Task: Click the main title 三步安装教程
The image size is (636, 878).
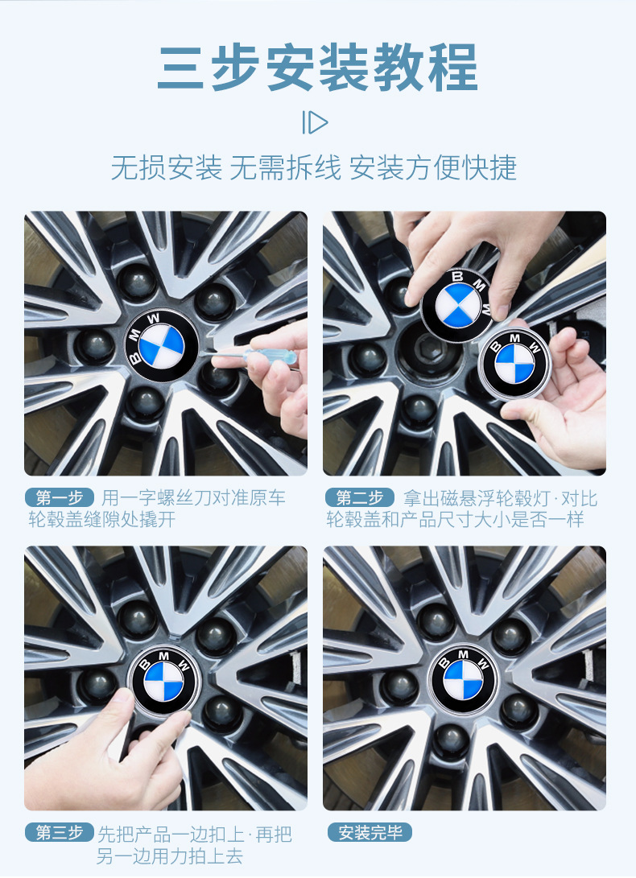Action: (x=318, y=68)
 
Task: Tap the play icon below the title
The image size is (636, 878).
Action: (x=315, y=122)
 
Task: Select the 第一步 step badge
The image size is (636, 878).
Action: (x=60, y=497)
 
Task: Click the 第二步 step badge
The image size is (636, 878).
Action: (x=360, y=497)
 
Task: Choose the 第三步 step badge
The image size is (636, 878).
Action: (x=60, y=833)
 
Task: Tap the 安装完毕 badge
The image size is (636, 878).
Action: (x=370, y=832)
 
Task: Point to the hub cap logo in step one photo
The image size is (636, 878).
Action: (x=161, y=345)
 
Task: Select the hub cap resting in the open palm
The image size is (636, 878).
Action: (x=514, y=364)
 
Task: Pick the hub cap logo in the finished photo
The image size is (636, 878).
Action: (x=463, y=679)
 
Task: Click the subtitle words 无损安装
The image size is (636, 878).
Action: (x=166, y=167)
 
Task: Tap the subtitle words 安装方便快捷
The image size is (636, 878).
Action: (x=432, y=167)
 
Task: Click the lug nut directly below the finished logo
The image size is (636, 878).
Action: (x=452, y=742)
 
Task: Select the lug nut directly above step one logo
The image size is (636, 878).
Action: (x=138, y=282)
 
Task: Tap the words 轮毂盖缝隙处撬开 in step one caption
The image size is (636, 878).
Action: (x=102, y=520)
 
